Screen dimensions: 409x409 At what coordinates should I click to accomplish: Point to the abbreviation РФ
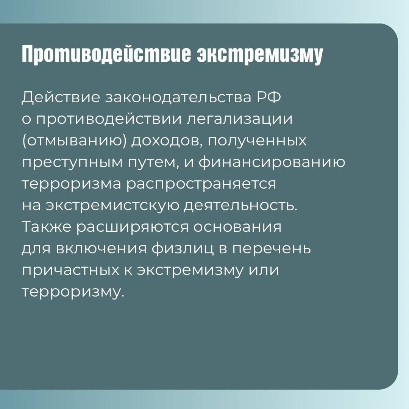(269, 97)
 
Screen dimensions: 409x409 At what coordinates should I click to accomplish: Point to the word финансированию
(272, 162)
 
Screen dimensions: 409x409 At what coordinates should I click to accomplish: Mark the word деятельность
(241, 206)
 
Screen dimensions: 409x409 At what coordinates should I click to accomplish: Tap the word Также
(47, 227)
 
